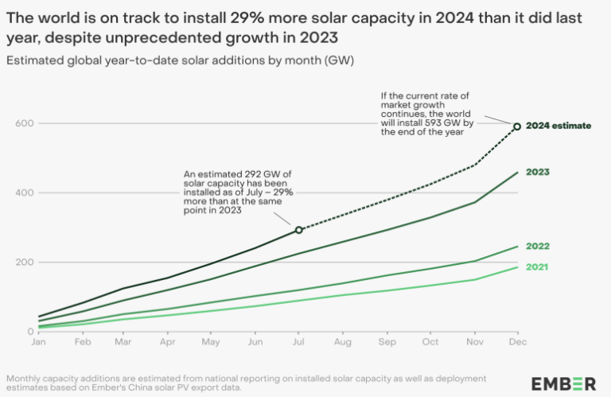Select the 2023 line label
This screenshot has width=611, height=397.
[538, 172]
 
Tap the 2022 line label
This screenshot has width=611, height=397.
[538, 247]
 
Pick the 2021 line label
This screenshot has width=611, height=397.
[538, 267]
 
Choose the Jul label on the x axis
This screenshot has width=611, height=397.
[298, 343]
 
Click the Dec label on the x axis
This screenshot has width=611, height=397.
[516, 343]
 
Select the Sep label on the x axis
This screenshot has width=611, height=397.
[387, 343]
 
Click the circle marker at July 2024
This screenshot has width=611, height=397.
[299, 230]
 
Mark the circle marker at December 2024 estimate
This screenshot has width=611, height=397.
[517, 126]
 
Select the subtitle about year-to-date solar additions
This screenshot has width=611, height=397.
[179, 60]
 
